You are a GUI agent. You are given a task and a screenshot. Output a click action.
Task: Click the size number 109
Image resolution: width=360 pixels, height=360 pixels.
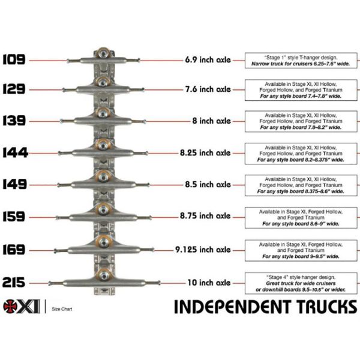click(x=14, y=59)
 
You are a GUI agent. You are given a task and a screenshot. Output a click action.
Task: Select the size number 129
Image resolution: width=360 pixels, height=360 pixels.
click(x=14, y=89)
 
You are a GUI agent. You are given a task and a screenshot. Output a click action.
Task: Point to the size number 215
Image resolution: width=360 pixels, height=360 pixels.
click(x=14, y=281)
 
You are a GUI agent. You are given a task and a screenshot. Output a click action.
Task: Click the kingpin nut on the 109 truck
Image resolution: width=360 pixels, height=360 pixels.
click(x=104, y=53)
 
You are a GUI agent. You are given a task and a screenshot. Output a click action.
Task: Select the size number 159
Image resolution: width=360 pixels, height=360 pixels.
click(x=14, y=217)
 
